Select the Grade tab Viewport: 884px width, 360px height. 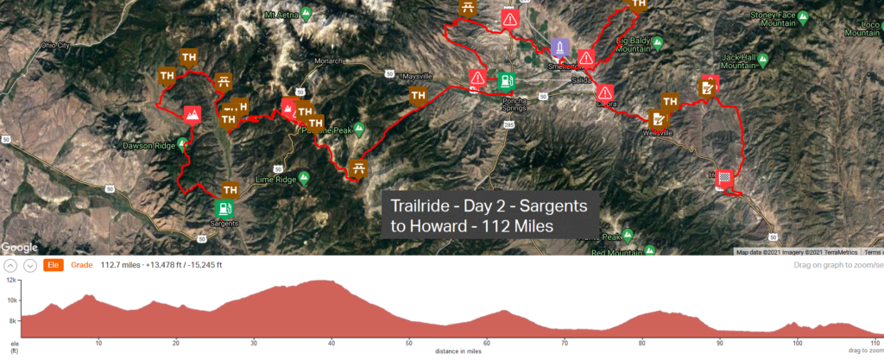82,265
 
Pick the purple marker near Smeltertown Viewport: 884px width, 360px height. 559,47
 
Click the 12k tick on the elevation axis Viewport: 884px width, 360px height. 11,281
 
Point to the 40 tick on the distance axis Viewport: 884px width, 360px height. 331,343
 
